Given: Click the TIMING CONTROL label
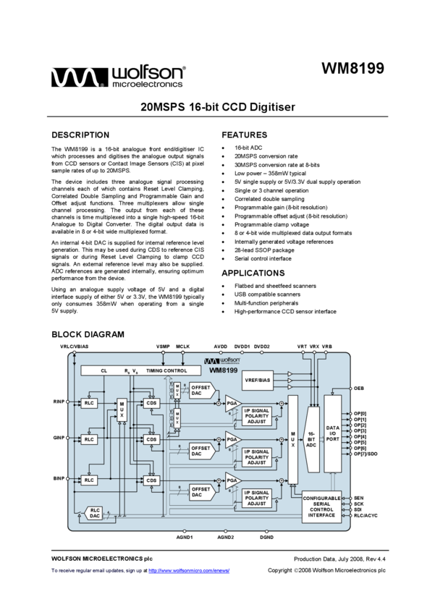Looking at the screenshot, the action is [166, 370].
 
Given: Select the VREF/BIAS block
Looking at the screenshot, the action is [258, 380].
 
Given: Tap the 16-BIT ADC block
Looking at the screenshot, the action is [311, 439].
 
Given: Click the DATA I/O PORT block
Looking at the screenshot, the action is [332, 433].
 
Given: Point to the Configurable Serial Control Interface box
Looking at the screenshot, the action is [321, 506].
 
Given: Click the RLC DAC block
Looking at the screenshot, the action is [94, 513].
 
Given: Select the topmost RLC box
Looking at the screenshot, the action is [89, 403].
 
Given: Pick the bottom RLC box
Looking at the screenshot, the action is [89, 480].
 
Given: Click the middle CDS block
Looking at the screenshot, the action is [151, 439].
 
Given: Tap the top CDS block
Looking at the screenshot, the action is [151, 403].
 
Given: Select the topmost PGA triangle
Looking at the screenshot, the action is [232, 403].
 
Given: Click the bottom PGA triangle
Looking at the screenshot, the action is [232, 480].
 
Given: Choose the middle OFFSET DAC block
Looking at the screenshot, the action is [200, 451].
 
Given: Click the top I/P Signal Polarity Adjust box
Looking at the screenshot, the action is [257, 417].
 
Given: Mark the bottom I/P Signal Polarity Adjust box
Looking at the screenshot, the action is [257, 499].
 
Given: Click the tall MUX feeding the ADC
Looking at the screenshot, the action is [292, 439].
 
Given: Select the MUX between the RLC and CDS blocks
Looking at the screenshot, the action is [122, 410].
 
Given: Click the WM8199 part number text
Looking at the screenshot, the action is [223, 370].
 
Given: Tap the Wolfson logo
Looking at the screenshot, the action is [221, 360].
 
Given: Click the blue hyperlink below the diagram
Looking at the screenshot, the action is [189, 571].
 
